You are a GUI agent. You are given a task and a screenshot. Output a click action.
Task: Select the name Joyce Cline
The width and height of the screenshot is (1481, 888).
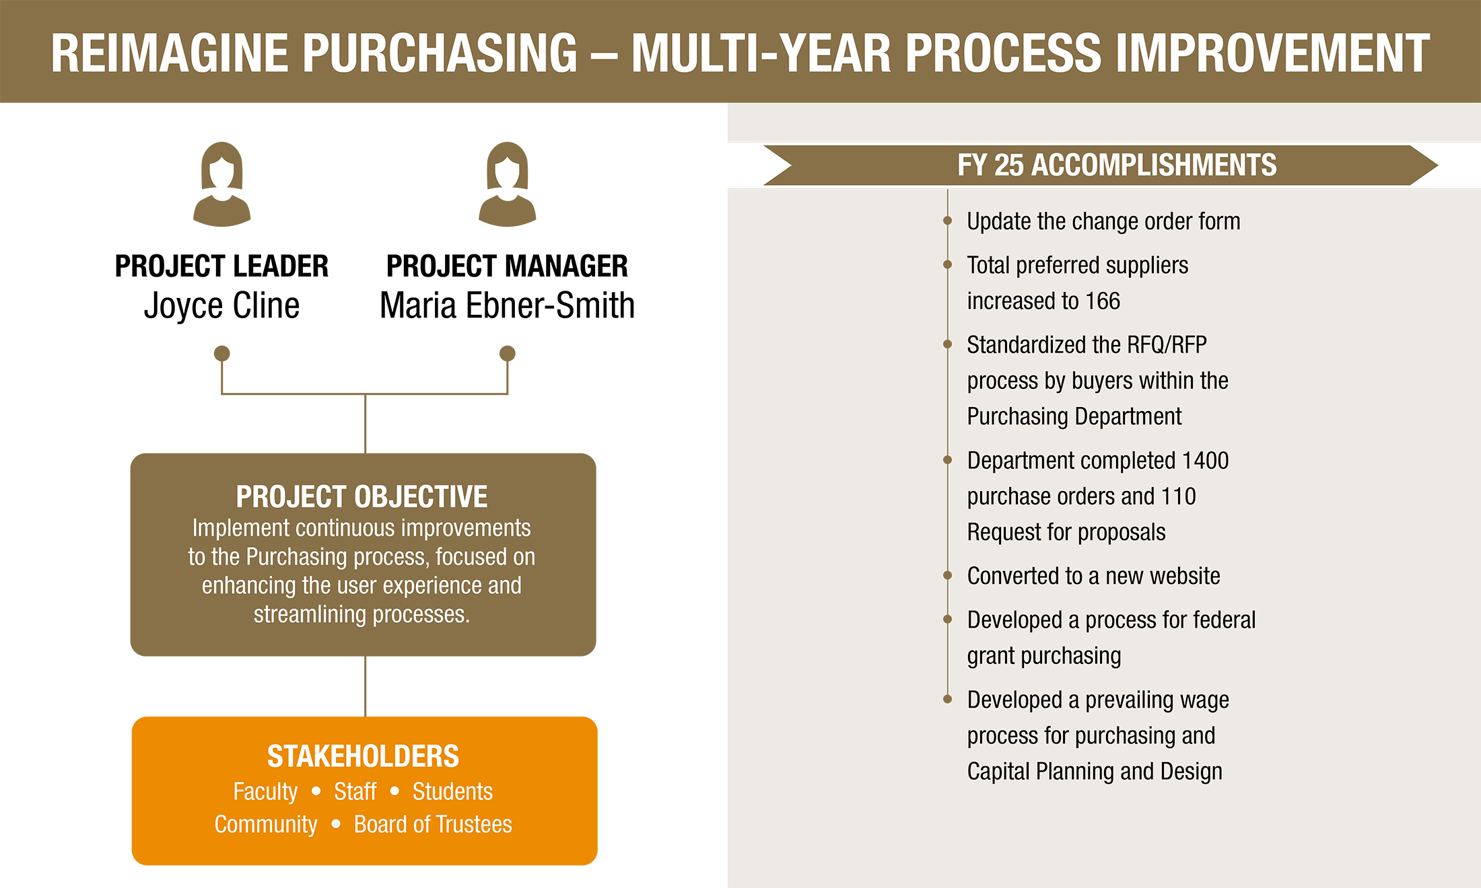tap(221, 306)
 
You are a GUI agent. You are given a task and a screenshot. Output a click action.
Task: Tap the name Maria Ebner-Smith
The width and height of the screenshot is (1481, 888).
tap(507, 306)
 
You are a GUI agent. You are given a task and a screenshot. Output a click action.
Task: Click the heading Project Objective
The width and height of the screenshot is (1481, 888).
tap(361, 497)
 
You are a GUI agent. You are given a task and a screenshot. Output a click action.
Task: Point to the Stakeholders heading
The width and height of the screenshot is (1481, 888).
tap(363, 756)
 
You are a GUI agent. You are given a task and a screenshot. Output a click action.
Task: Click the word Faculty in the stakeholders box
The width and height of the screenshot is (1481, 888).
tap(265, 792)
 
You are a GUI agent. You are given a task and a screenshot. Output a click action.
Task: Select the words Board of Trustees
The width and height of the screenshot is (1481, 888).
tap(433, 825)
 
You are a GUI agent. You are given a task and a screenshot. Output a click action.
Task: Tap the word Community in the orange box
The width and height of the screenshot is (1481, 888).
tap(266, 825)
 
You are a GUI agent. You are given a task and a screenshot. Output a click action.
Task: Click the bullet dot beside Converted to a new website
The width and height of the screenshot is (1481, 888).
tap(947, 575)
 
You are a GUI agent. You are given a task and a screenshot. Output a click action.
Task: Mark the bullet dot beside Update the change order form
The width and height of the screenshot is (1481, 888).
tap(947, 221)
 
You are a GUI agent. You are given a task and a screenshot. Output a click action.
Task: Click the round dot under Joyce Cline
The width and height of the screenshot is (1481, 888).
tap(222, 353)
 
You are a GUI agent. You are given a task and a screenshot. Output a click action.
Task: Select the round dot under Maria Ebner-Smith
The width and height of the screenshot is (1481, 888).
tap(508, 353)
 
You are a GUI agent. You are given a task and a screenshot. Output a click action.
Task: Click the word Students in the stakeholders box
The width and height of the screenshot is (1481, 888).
tap(452, 792)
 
